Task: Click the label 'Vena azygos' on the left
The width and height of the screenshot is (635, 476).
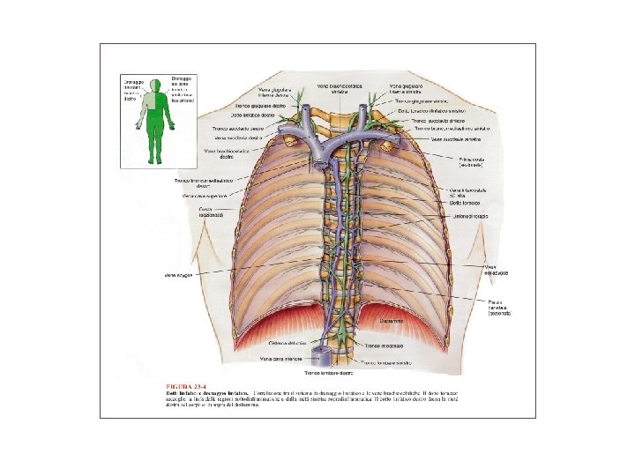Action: coord(178,274)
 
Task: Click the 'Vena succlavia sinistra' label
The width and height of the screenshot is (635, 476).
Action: coord(459,138)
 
